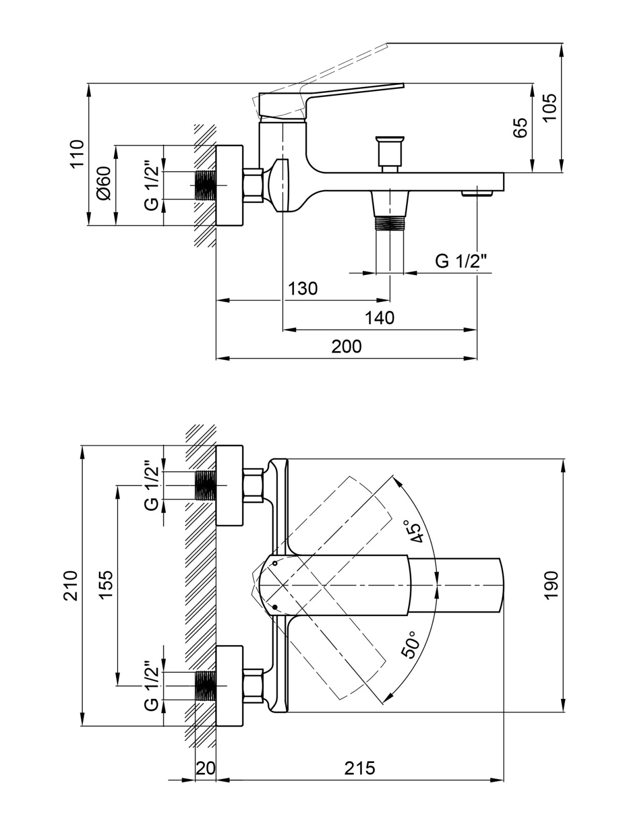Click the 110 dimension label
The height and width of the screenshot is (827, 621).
[x=78, y=155]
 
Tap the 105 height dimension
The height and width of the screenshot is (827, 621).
[x=550, y=106]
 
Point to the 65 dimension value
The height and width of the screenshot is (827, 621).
[x=520, y=128]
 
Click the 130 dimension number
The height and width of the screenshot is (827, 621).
[x=303, y=288]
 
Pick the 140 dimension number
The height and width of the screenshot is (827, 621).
[x=380, y=318]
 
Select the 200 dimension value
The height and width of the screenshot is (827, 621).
[x=347, y=347]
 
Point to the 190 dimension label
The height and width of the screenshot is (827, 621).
[x=551, y=585]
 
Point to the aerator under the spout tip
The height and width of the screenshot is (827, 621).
[x=477, y=193]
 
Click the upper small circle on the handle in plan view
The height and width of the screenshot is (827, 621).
[x=275, y=563]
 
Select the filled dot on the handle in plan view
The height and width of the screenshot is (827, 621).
[x=275, y=607]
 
